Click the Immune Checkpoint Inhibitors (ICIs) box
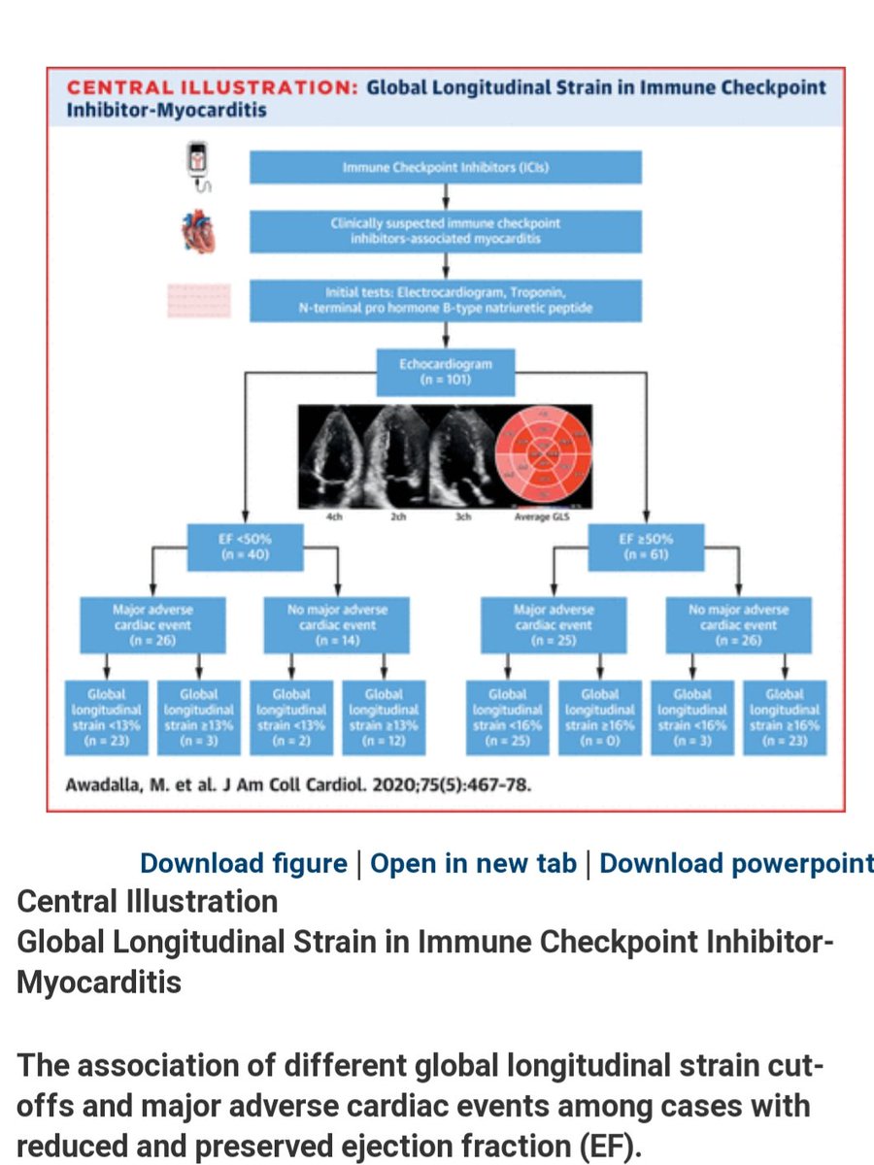446,168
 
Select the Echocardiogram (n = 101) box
446,372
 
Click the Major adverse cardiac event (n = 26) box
153,626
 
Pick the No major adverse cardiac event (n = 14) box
338,626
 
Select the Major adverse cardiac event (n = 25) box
552,626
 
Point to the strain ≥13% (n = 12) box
383,718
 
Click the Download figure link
243,863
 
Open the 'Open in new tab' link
474,863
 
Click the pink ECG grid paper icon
198,301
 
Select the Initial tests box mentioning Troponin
446,301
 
